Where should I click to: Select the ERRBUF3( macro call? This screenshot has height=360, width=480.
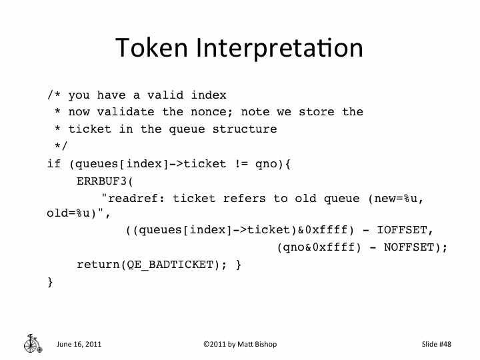(x=105, y=181)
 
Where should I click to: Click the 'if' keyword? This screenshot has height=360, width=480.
(x=54, y=163)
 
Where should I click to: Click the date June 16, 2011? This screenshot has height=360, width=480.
(x=79, y=344)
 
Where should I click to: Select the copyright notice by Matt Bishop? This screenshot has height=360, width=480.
(x=239, y=344)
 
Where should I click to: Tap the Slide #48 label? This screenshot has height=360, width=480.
(x=437, y=344)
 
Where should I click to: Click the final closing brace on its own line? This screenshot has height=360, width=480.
(x=51, y=282)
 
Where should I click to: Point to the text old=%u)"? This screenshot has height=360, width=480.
(x=75, y=214)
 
